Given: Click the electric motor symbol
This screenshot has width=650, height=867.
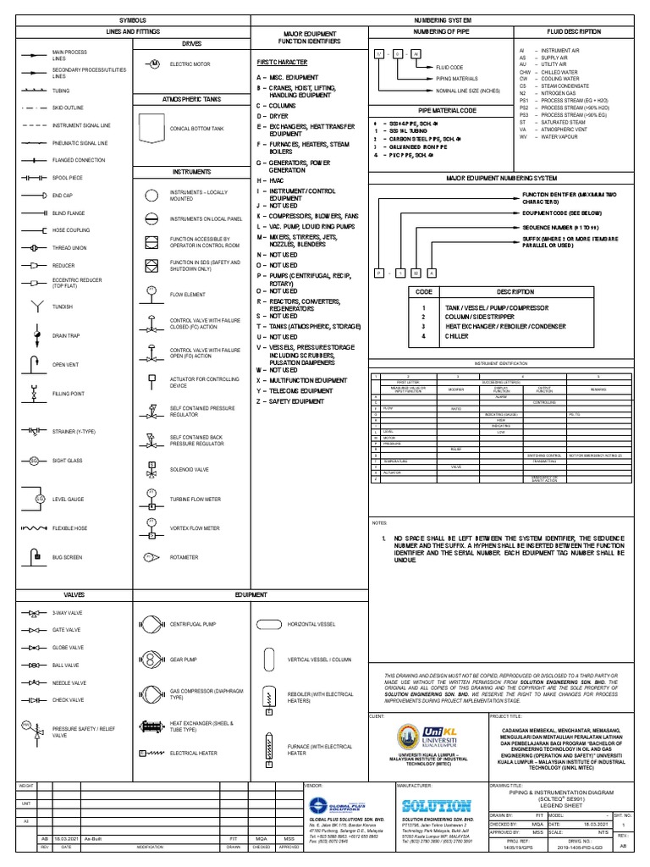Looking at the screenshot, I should [154, 64].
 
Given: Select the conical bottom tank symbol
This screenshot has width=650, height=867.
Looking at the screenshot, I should [152, 129].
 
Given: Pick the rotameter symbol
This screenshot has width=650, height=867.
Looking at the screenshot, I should [151, 557].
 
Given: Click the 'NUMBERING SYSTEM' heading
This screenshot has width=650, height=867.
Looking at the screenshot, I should [443, 19].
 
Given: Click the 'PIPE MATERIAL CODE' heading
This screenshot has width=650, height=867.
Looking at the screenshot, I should [443, 111].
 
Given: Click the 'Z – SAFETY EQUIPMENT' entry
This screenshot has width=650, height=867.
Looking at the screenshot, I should [291, 401].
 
